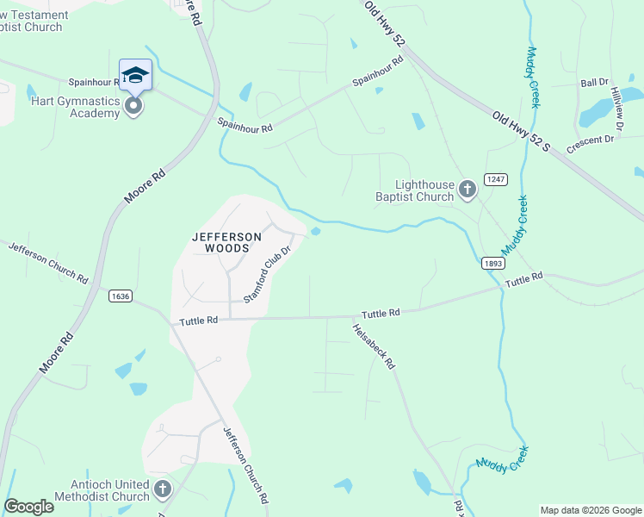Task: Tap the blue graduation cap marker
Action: [x=135, y=76]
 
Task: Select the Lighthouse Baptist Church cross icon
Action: [x=467, y=190]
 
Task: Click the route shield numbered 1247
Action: [x=494, y=178]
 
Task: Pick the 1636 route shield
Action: [x=120, y=296]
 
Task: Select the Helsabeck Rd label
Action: [x=373, y=346]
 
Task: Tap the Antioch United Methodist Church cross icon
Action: [x=162, y=490]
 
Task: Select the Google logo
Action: [x=28, y=507]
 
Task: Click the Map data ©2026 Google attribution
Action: [x=590, y=510]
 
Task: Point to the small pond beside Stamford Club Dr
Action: [x=316, y=231]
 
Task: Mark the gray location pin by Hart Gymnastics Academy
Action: [x=133, y=107]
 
